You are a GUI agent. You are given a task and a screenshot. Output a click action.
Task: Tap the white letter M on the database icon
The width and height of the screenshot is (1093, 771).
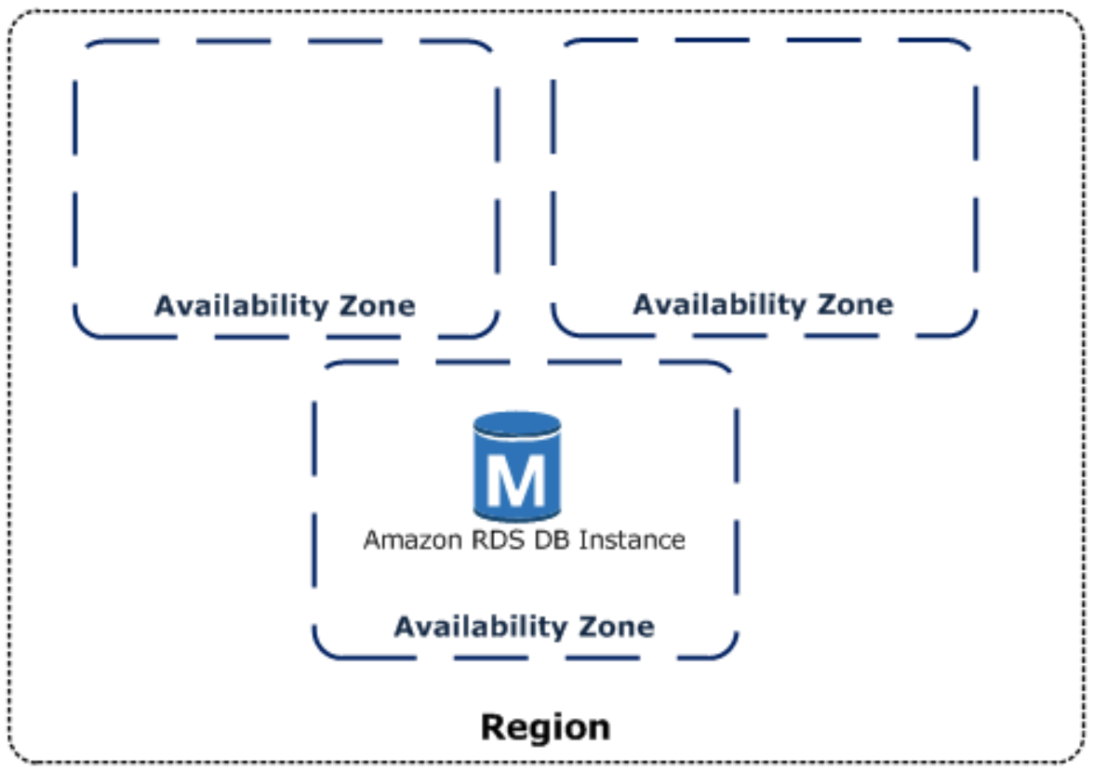516,480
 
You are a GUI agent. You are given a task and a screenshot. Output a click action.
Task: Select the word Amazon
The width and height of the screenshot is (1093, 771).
413,540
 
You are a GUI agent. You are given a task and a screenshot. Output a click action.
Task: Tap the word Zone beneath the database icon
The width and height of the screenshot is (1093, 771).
616,627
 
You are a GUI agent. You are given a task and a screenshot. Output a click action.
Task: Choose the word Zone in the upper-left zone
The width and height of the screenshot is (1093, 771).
377,306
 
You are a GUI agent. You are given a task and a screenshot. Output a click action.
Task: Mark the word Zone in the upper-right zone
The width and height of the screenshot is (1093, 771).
855,305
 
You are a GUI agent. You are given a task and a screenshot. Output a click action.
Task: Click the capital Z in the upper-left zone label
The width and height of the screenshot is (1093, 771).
348,306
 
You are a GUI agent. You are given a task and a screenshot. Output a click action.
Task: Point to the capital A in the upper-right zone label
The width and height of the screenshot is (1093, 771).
644,305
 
